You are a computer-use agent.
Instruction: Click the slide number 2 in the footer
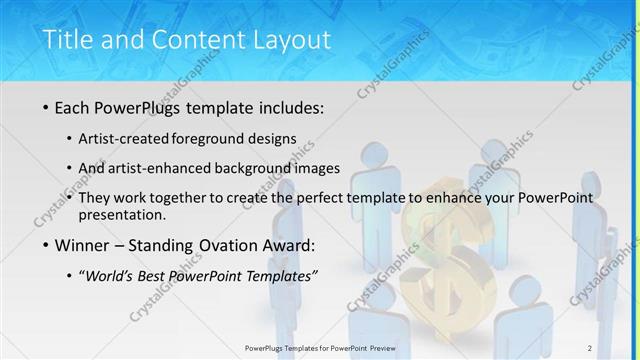590,347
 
